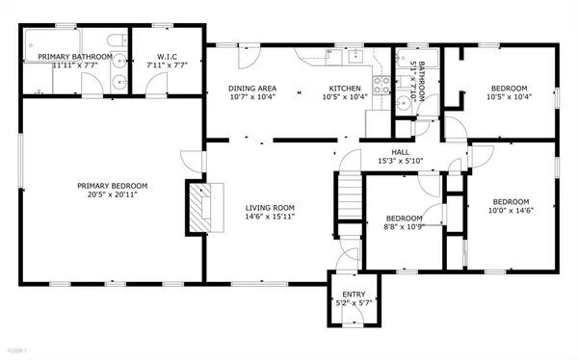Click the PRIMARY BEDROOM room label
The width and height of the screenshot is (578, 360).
pos(113,185)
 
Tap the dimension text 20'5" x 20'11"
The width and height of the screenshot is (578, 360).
pos(113,194)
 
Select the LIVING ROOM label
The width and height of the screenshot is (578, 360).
pos(269,207)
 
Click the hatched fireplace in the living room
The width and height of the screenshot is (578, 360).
pos(198,207)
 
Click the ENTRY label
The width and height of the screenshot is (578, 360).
pos(352,294)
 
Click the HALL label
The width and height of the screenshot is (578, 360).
pos(400,151)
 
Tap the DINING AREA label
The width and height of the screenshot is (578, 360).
pos(253,89)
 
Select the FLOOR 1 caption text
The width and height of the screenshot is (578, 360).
pos(16,348)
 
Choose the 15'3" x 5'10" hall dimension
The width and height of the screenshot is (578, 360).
pos(400,161)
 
